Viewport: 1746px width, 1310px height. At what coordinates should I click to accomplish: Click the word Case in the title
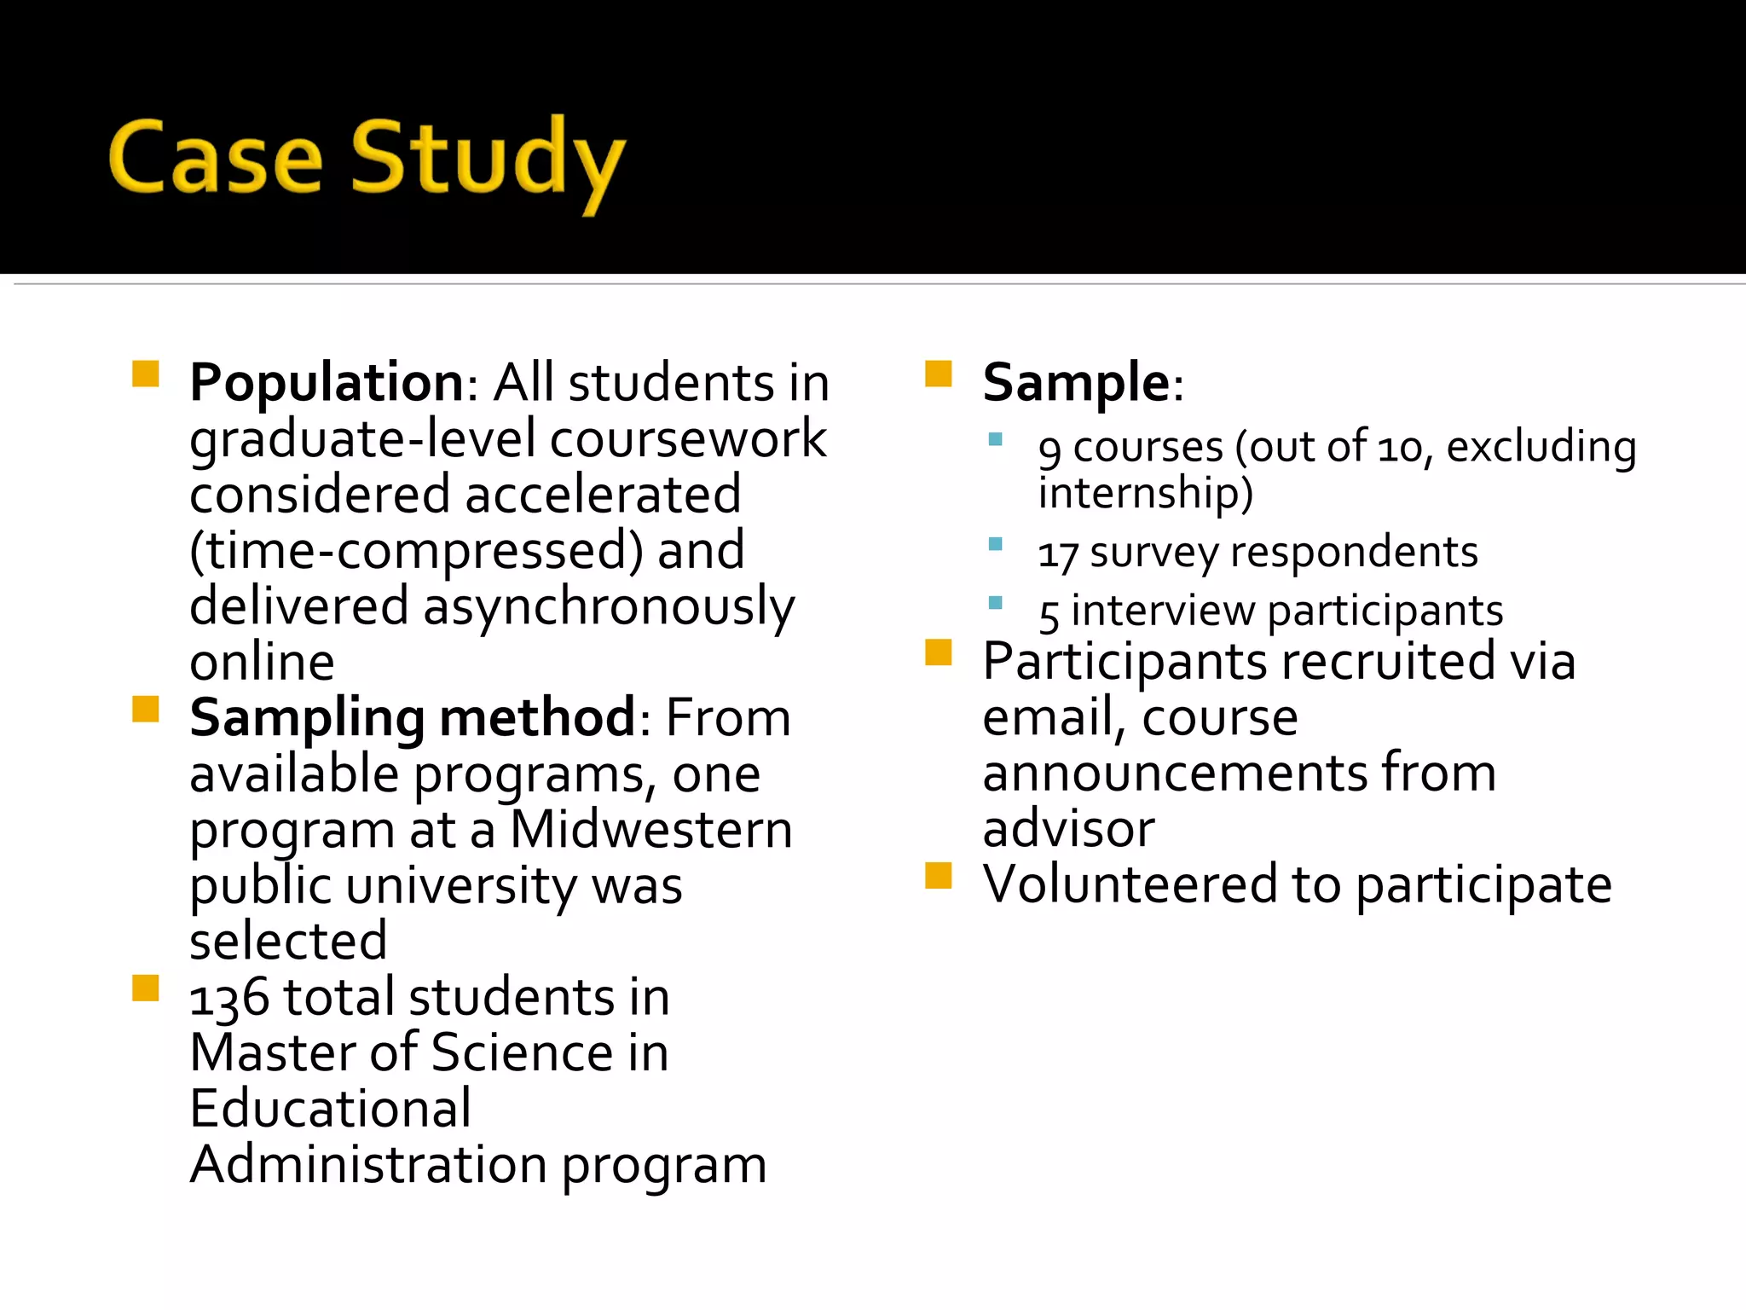click(x=216, y=159)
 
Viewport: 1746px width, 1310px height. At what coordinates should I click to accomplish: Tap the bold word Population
click(x=327, y=382)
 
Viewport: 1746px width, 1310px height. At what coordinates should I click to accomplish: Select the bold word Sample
click(x=1077, y=382)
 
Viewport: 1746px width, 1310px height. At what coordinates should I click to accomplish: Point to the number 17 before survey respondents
click(x=1058, y=554)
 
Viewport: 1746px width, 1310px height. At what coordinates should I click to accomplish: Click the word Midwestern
click(x=651, y=829)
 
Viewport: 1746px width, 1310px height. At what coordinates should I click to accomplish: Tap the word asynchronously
click(x=609, y=607)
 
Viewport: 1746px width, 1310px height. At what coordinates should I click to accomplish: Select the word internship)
click(x=1145, y=494)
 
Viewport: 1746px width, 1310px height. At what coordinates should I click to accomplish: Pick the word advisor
click(x=1068, y=828)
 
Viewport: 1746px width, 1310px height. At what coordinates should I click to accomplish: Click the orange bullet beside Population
click(x=146, y=374)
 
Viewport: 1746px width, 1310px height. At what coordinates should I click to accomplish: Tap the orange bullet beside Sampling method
click(x=146, y=710)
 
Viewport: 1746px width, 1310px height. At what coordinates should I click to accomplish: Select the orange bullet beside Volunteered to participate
click(x=939, y=876)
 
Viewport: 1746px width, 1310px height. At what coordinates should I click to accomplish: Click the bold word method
click(x=537, y=718)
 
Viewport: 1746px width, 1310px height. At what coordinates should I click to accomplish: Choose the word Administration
click(x=368, y=1165)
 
